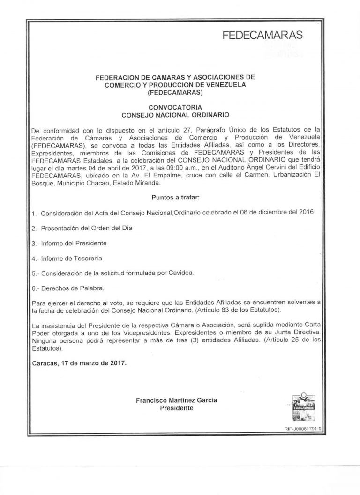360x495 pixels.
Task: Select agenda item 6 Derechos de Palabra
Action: tap(68, 288)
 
